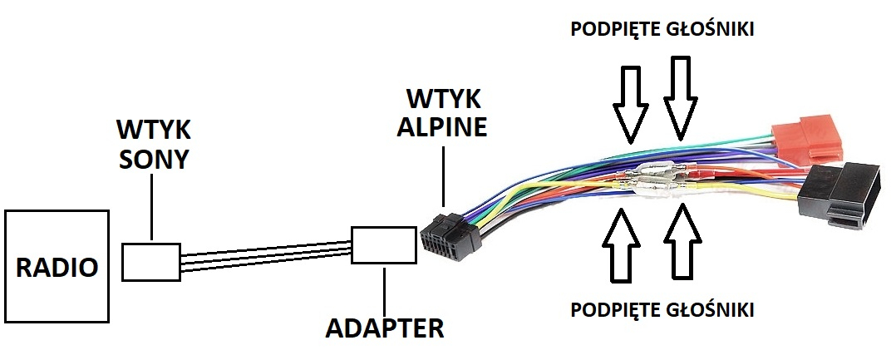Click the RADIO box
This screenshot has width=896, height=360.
(57, 266)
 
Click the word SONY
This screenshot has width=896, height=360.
(153, 160)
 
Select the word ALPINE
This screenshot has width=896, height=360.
(441, 126)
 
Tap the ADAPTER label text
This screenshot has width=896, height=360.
(384, 328)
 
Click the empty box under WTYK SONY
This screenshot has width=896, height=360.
(151, 262)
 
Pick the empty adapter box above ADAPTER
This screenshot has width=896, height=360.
(384, 245)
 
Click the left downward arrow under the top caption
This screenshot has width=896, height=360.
(630, 104)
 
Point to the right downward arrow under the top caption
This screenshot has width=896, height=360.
(680, 97)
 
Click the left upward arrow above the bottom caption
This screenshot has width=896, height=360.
(621, 244)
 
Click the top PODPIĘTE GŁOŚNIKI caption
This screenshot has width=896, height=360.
(662, 29)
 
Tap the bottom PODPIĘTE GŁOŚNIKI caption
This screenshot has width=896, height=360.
(662, 309)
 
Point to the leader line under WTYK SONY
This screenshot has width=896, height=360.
(152, 207)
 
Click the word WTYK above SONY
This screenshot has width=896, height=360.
(153, 130)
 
